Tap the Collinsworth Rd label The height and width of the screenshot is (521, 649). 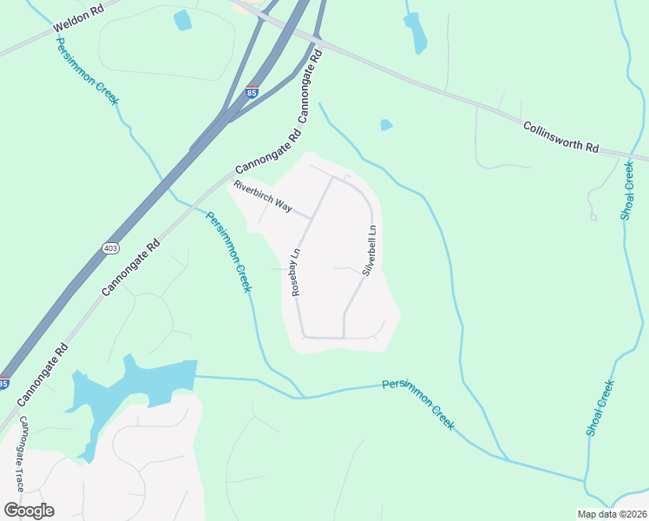561,137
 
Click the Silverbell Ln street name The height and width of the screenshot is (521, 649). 368,251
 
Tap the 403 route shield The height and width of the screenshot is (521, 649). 110,248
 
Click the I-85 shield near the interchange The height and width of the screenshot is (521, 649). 251,91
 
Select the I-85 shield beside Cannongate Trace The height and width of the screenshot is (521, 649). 4,383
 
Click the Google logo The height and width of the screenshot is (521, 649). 29,511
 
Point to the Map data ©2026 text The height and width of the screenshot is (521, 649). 613,514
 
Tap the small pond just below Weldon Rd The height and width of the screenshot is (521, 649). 182,20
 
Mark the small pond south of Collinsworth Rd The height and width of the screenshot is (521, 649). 386,125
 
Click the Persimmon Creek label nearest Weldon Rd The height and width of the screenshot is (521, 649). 87,71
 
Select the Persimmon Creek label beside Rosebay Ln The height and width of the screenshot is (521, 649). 228,252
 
